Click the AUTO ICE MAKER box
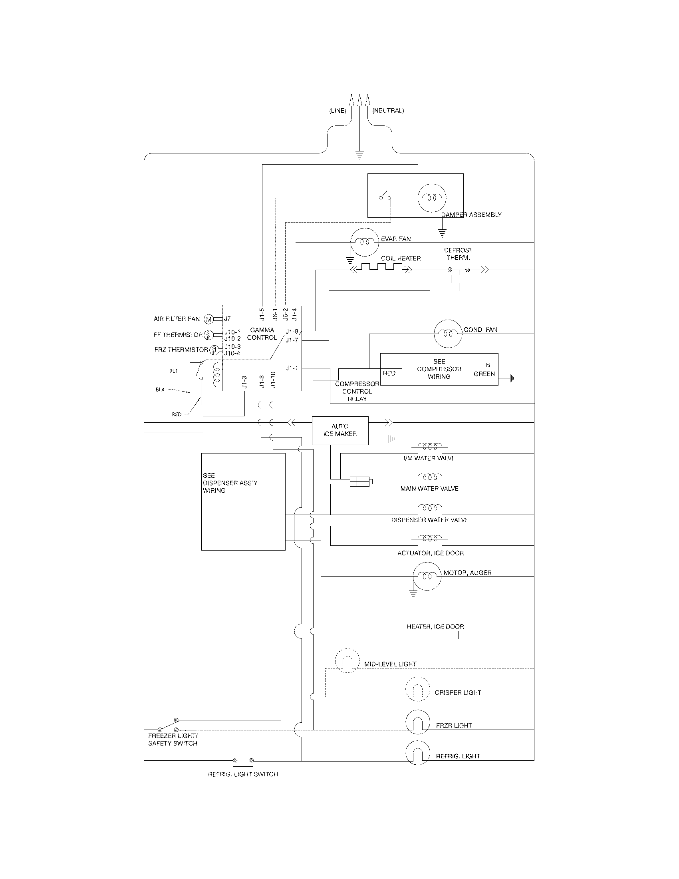(x=340, y=430)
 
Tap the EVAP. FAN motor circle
(x=365, y=242)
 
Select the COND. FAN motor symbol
(x=448, y=334)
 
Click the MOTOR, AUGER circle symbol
(x=427, y=576)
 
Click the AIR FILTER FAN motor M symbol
(x=208, y=319)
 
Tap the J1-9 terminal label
(x=292, y=332)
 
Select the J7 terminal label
(x=227, y=319)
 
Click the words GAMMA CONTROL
(x=262, y=334)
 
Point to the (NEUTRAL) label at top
(x=388, y=110)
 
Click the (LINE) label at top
(x=338, y=111)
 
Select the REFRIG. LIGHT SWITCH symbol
(x=243, y=760)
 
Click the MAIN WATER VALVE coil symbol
(x=430, y=479)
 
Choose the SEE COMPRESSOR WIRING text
(x=439, y=369)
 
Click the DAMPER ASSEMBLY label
(x=471, y=215)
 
